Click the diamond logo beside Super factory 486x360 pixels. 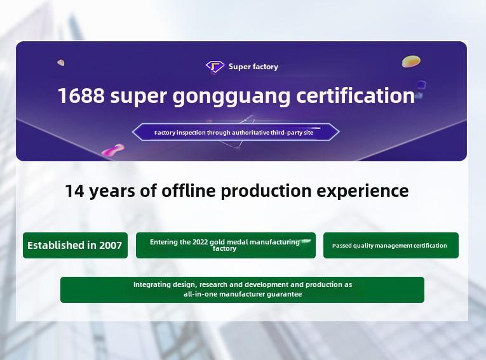pos(215,66)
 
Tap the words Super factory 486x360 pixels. pos(253,67)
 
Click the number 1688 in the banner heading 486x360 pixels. pos(81,95)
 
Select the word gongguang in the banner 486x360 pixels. pos(231,97)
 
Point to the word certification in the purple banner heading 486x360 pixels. pos(356,95)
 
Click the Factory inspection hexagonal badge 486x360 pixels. pos(236,132)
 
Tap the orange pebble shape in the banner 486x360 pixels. pos(411,62)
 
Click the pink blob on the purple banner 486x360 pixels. pos(113,150)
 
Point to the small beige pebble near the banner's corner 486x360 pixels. pos(61,63)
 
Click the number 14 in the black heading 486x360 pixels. pos(75,190)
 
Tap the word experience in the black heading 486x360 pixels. pos(362,191)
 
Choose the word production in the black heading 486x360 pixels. pos(266,191)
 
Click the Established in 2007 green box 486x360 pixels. pos(76,245)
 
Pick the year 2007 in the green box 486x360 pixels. pos(110,245)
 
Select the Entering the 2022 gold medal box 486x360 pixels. pos(226,245)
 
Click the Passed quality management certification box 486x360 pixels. pos(391,245)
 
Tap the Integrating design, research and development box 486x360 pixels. pos(243,290)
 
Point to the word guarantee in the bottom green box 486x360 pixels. pos(284,294)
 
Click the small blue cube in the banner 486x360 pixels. pos(421,84)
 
